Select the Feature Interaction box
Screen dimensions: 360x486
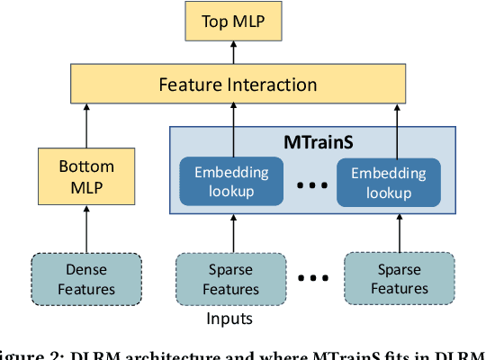tap(238, 85)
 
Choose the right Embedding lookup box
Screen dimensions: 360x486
tap(388, 182)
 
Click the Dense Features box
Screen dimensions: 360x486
tap(86, 278)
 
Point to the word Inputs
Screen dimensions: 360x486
tap(230, 318)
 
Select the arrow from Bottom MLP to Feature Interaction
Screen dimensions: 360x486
tap(86, 125)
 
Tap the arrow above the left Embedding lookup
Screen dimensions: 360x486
tap(233, 130)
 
